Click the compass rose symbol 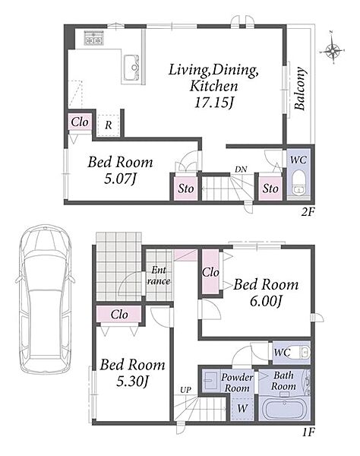332,50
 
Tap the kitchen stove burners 93,38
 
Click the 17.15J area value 214,103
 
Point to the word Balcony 300,88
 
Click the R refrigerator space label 108,125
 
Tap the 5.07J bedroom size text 120,179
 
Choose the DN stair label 241,169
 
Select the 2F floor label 308,212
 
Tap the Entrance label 159,275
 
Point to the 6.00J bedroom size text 266,301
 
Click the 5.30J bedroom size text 132,382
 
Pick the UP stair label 185,390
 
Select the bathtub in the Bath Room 285,408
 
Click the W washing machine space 242,408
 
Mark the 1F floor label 308,432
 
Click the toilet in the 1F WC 300,353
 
